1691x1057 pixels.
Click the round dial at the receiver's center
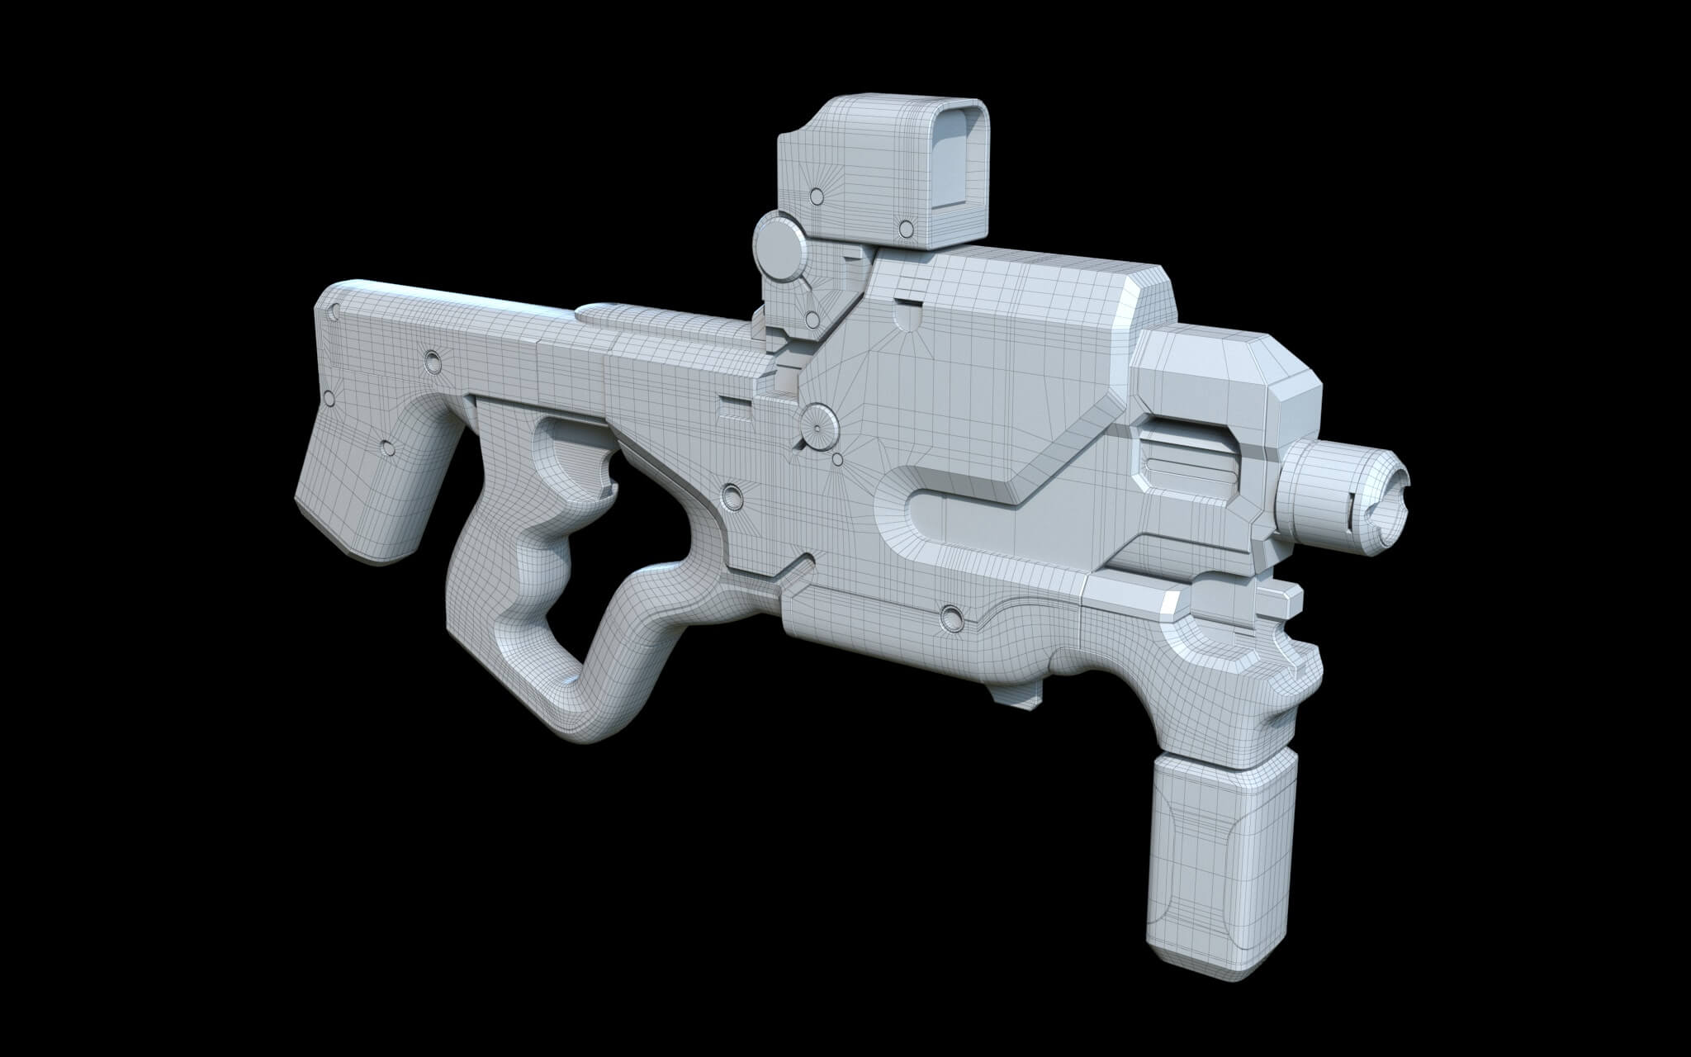(x=818, y=426)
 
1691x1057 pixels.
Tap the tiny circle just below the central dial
(x=837, y=458)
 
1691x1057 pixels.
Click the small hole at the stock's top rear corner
(x=334, y=311)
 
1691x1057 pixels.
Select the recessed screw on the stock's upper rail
(x=431, y=360)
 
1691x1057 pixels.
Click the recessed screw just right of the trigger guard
(x=730, y=495)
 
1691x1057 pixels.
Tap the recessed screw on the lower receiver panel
(x=950, y=615)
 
